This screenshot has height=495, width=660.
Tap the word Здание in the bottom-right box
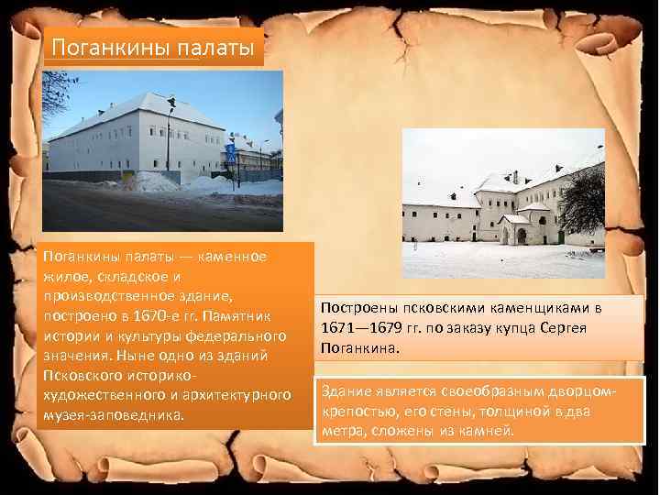[x=346, y=391]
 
